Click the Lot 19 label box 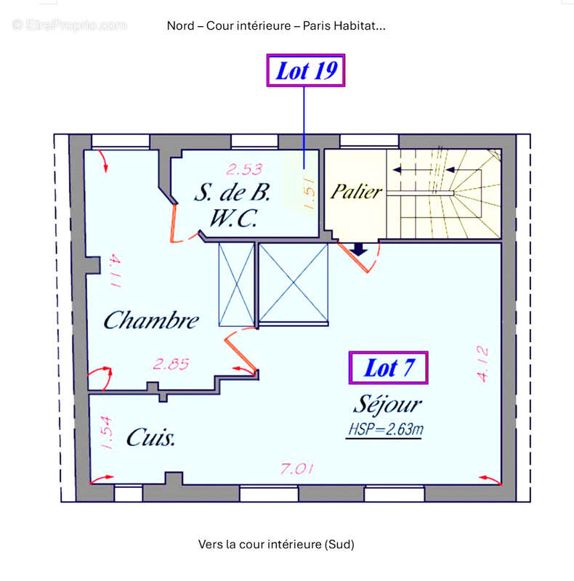point(305,70)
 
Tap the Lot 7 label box point(388,367)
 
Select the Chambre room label point(150,320)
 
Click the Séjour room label point(387,404)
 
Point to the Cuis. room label point(151,437)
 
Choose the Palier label point(356,192)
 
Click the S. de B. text point(232,193)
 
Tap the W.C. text point(232,218)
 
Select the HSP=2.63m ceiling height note point(385,430)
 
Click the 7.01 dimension point(297,470)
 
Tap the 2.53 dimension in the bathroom point(244,170)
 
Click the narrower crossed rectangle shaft point(237,285)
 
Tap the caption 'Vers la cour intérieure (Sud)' point(276,543)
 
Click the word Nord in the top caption point(180,26)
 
